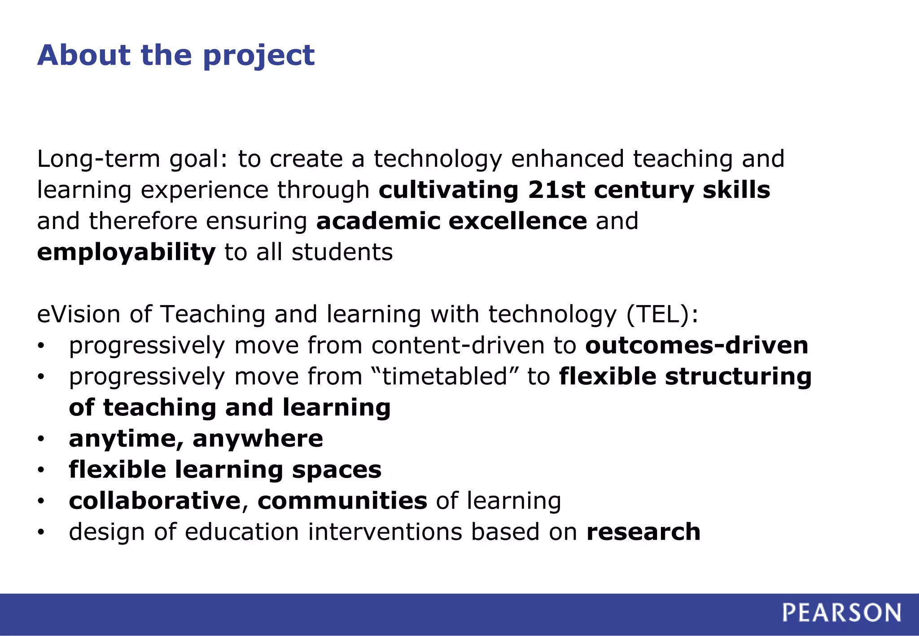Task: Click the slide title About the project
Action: (175, 56)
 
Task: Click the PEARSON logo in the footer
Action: (841, 613)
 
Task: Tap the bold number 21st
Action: (556, 190)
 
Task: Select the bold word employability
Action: (126, 252)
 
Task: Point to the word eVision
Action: (79, 314)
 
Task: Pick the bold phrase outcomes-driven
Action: (696, 345)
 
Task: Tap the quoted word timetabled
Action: (445, 376)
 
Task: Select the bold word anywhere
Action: (258, 439)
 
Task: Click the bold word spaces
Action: (337, 470)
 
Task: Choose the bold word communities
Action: (342, 501)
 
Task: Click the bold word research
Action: (643, 532)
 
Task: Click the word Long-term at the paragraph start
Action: (98, 159)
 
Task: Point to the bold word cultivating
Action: (448, 190)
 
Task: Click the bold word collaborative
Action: (154, 501)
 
